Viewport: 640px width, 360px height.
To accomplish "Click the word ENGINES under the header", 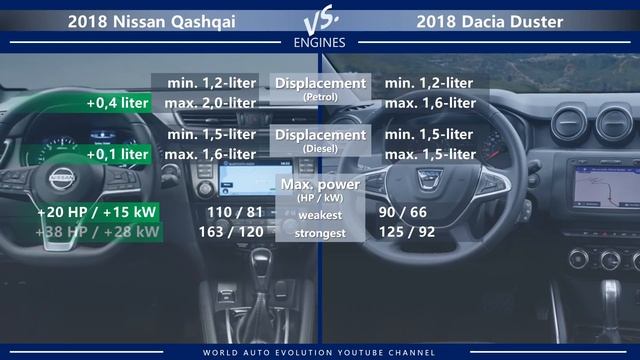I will pos(320,43).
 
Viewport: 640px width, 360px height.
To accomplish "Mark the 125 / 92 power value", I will pos(420,232).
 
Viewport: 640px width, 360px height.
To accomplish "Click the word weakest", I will pos(321,213).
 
